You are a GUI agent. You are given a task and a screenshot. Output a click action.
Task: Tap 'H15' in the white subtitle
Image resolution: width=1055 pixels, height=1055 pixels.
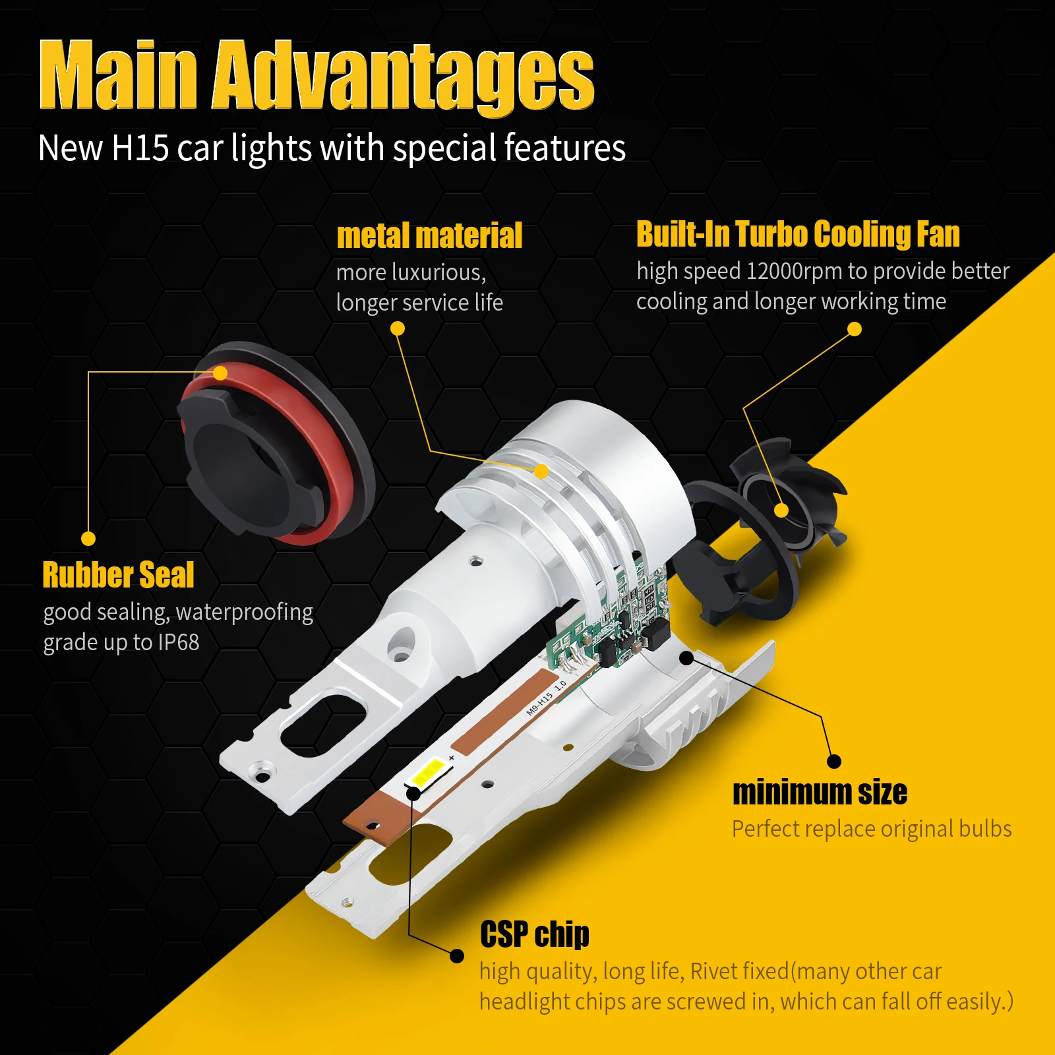click(140, 148)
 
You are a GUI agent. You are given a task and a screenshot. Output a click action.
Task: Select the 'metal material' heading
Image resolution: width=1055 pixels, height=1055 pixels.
click(429, 235)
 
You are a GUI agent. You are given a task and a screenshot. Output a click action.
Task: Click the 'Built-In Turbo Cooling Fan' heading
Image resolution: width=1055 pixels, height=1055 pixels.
click(798, 234)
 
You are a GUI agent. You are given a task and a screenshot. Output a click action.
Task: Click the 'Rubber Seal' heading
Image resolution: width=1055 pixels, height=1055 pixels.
click(118, 574)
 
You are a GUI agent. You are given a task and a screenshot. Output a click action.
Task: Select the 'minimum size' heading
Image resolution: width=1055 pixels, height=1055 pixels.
click(820, 792)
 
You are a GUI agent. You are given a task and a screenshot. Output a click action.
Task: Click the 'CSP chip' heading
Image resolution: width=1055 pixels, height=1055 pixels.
click(535, 934)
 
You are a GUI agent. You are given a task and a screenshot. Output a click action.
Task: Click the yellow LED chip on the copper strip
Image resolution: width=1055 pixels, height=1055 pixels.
click(428, 771)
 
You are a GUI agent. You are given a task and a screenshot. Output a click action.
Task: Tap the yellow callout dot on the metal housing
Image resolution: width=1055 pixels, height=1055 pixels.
click(541, 471)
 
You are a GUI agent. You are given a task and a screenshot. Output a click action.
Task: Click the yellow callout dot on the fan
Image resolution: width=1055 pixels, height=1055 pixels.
click(781, 510)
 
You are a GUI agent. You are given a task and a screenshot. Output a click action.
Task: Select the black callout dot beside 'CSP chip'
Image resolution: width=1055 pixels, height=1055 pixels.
click(456, 955)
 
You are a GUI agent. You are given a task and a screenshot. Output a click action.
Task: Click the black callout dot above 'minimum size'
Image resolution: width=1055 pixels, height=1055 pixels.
click(834, 762)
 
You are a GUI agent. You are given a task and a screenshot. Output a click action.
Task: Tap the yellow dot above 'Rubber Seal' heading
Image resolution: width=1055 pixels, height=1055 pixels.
click(88, 539)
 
